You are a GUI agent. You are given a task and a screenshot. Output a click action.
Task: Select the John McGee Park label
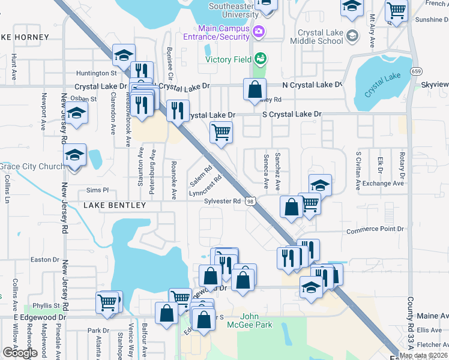click(257, 320)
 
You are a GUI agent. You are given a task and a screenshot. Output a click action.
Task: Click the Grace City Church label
click(31, 166)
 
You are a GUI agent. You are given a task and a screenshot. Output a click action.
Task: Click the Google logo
click(20, 352)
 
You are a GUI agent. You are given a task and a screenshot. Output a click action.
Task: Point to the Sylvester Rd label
click(222, 201)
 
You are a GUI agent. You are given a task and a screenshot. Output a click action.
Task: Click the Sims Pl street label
click(97, 189)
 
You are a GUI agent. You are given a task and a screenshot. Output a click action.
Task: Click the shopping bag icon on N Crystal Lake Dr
click(255, 91)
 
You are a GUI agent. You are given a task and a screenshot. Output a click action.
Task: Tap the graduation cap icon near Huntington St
click(124, 56)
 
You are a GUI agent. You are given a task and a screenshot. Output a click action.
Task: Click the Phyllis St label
click(47, 305)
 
